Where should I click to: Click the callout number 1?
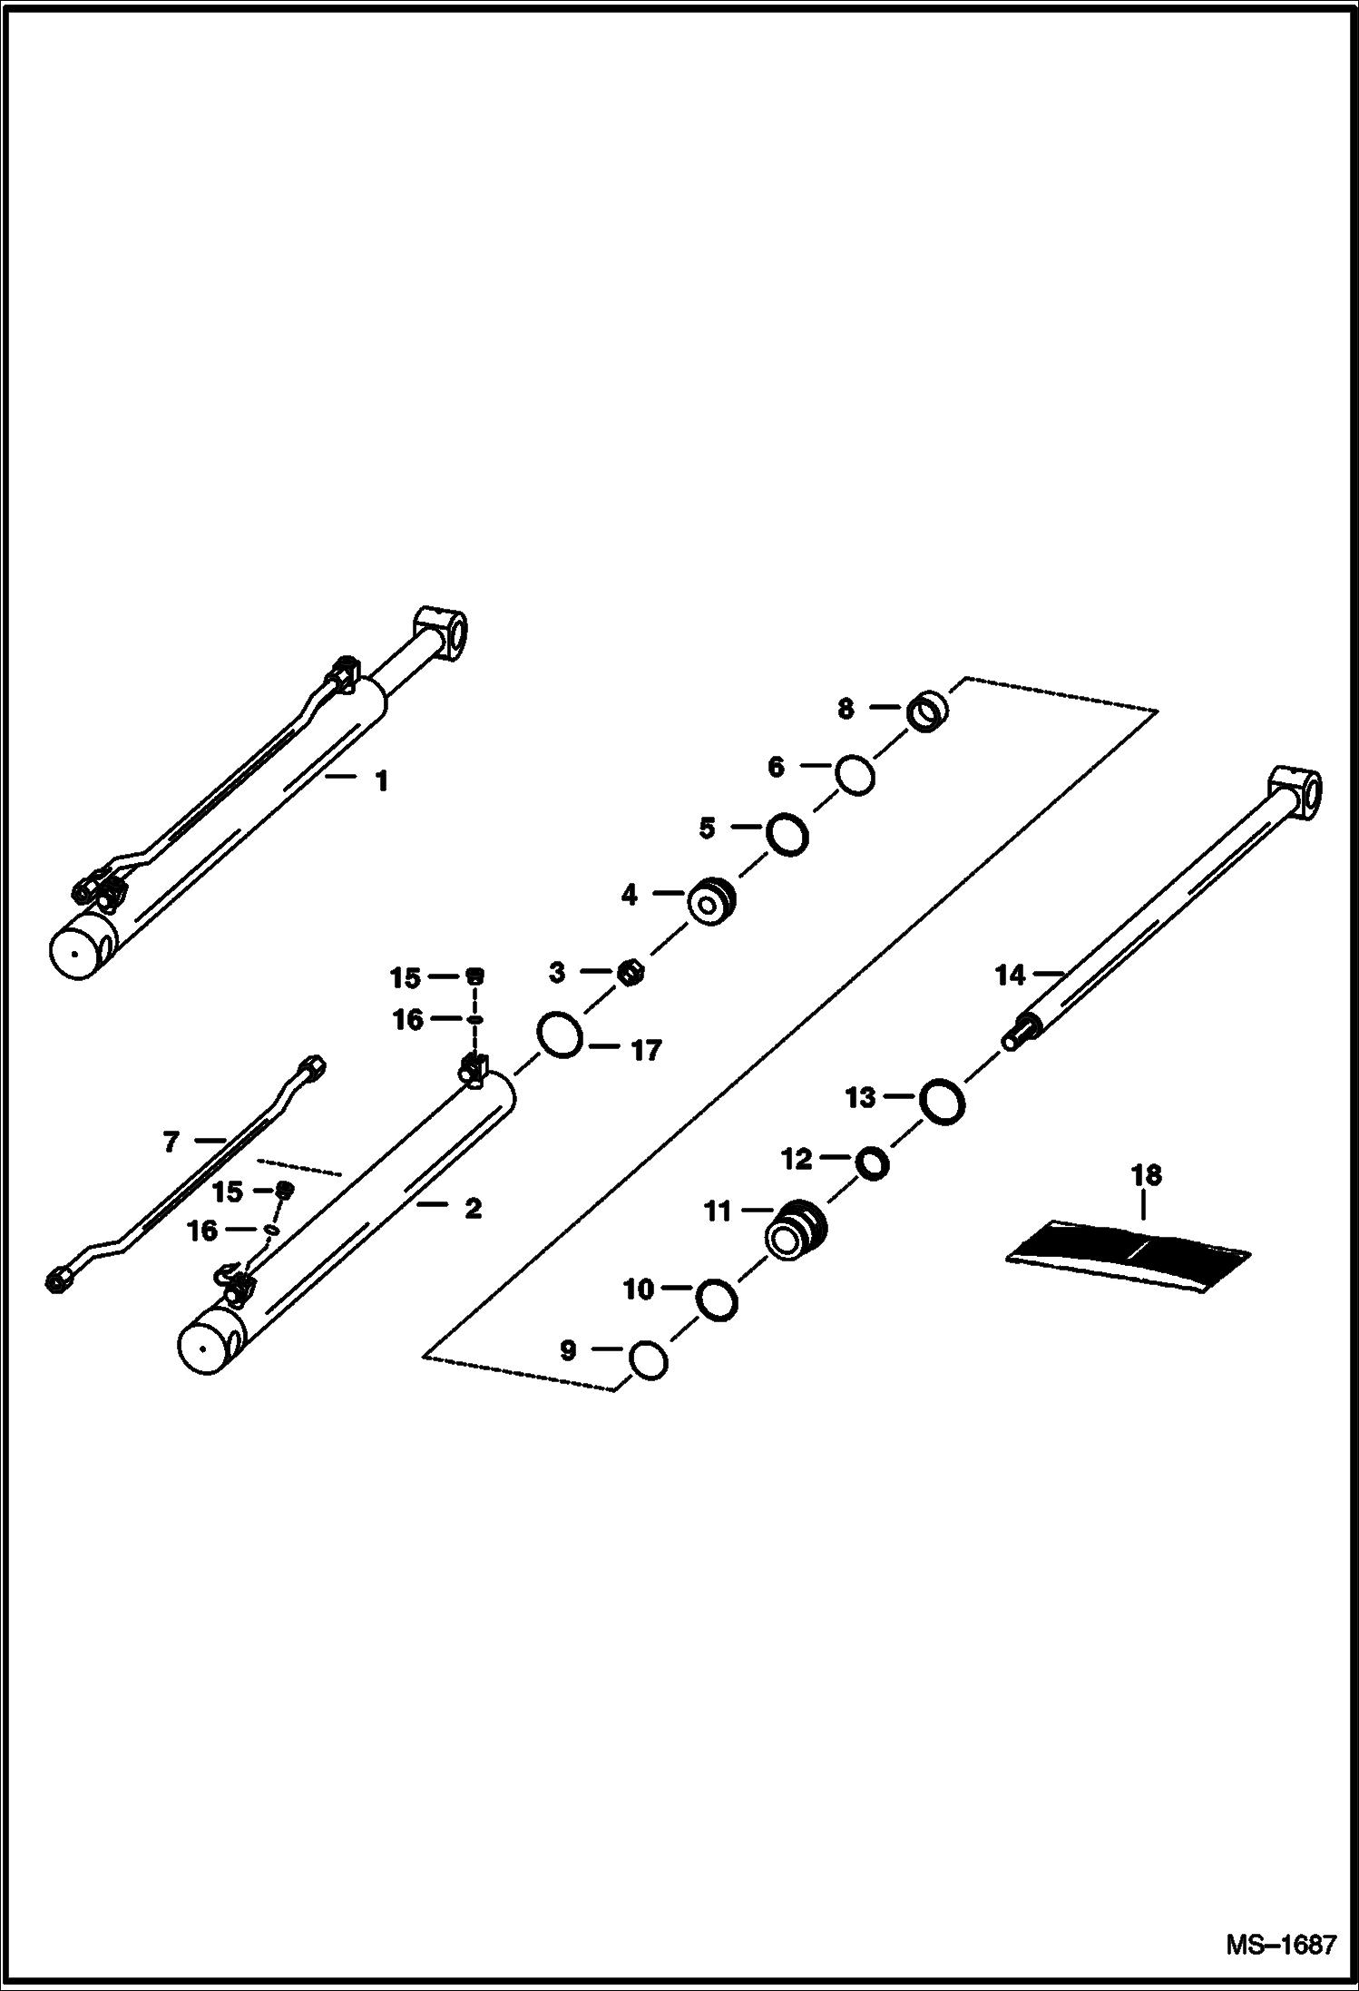(x=382, y=780)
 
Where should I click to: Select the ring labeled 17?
(x=560, y=1035)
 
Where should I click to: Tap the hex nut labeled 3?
(x=631, y=974)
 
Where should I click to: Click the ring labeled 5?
(x=787, y=834)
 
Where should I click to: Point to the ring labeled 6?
(x=855, y=775)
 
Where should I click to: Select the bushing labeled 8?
(x=926, y=711)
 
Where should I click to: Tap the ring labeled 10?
(x=717, y=1300)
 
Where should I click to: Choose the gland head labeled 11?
(x=797, y=1230)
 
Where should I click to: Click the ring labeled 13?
(x=942, y=1101)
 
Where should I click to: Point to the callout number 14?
(x=1009, y=976)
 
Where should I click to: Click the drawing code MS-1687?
(x=1281, y=1946)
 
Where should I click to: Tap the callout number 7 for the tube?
(x=171, y=1142)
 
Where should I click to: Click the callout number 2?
(x=473, y=1208)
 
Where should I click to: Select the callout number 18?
(x=1146, y=1175)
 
